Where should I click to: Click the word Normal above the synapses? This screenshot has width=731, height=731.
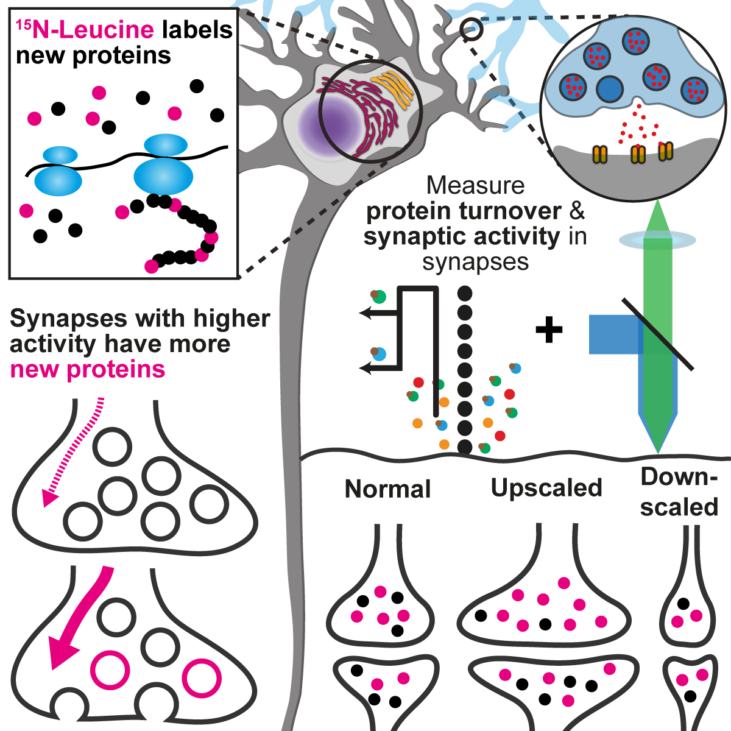[x=387, y=489]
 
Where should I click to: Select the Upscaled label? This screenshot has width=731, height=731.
[x=546, y=488]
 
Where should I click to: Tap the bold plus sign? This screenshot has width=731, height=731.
[x=549, y=330]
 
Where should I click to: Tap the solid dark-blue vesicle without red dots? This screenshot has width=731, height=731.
[x=609, y=89]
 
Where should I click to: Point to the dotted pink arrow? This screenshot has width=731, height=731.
[x=73, y=451]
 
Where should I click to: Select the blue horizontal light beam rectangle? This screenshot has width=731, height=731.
[x=612, y=334]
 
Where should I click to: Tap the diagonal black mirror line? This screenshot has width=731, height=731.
[x=658, y=333]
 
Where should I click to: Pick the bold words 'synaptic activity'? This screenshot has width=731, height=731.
[x=461, y=237]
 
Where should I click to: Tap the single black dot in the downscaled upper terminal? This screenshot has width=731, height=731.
[x=683, y=604]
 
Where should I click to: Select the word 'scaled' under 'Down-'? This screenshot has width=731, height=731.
[x=679, y=507]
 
